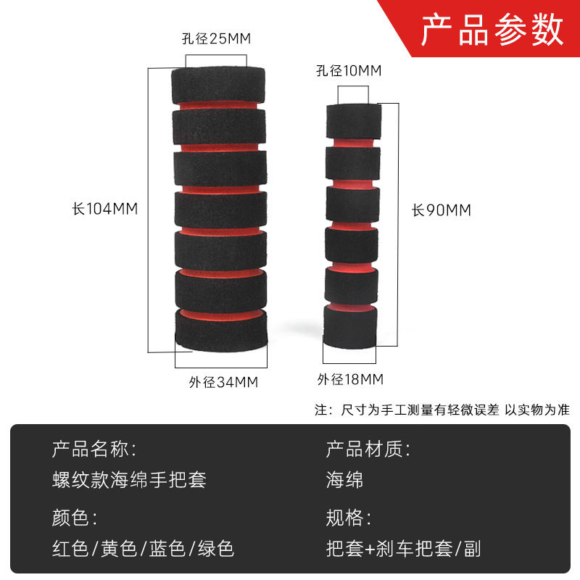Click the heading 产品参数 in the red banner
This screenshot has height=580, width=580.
[492, 30]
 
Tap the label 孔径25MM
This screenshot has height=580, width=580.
[215, 39]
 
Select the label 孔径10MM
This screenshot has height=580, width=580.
[348, 70]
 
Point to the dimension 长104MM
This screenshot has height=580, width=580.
[104, 209]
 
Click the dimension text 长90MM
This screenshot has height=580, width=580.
[442, 210]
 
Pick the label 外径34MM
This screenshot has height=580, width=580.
[223, 382]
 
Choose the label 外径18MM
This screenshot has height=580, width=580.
[350, 379]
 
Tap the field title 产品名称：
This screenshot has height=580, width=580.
[94, 449]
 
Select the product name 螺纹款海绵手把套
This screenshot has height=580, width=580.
[129, 479]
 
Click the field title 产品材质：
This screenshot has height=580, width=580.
[368, 449]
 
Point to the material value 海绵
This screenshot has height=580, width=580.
[344, 479]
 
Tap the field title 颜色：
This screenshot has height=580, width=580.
[74, 518]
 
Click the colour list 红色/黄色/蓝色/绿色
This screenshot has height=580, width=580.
[143, 548]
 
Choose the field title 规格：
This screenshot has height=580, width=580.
[349, 518]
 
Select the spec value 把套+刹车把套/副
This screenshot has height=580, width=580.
[403, 548]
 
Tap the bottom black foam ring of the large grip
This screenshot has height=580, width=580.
[220, 333]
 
